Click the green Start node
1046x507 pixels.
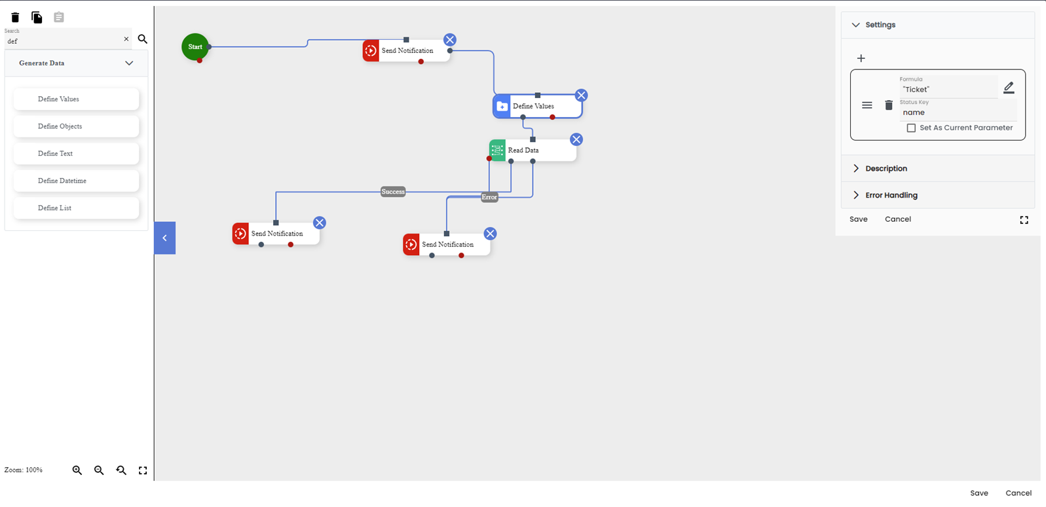point(195,47)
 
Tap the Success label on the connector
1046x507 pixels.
point(393,192)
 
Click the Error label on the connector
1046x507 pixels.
point(489,197)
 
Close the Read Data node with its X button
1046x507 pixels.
point(576,139)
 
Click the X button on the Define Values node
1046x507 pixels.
point(581,96)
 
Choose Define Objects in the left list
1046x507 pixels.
point(76,126)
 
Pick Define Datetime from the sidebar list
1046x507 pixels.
point(76,181)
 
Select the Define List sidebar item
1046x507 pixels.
point(76,208)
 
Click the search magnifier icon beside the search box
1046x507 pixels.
point(143,39)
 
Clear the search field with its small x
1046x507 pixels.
point(126,39)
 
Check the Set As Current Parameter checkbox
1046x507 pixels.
point(911,128)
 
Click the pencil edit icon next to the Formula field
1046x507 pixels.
point(1009,88)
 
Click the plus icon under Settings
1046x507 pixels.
point(861,58)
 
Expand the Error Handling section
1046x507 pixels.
point(891,195)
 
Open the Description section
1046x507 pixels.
point(886,168)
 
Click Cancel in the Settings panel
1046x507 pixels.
point(897,219)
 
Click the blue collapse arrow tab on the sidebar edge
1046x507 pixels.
point(165,238)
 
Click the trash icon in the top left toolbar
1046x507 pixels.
point(15,17)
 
